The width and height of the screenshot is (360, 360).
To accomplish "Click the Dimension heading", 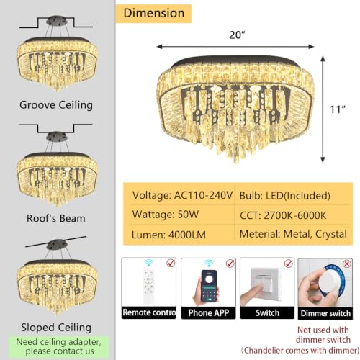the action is [154, 13].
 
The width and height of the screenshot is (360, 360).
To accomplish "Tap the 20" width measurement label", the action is [237, 35].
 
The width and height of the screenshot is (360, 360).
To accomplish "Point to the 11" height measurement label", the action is [338, 109].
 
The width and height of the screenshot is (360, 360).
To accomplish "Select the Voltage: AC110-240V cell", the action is [182, 195].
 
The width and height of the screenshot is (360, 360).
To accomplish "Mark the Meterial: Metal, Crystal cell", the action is [293, 234].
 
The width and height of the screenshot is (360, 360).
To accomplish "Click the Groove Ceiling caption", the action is [56, 105].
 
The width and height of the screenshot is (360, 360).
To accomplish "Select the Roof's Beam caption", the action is [56, 218].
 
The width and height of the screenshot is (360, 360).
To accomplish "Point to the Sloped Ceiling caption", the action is [56, 328].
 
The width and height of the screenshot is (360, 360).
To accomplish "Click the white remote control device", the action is [148, 287].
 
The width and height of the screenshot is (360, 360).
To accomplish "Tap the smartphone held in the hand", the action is [209, 286].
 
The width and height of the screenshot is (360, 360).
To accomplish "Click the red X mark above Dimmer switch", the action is [347, 264].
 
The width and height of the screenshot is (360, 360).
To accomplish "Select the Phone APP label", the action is [209, 313].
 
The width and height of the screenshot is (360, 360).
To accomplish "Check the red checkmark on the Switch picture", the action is [289, 264].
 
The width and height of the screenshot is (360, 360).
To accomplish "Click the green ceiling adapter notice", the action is [59, 346].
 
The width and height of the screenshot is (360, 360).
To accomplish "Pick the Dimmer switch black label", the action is [325, 313].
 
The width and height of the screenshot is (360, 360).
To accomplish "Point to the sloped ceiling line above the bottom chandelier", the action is [56, 241].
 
